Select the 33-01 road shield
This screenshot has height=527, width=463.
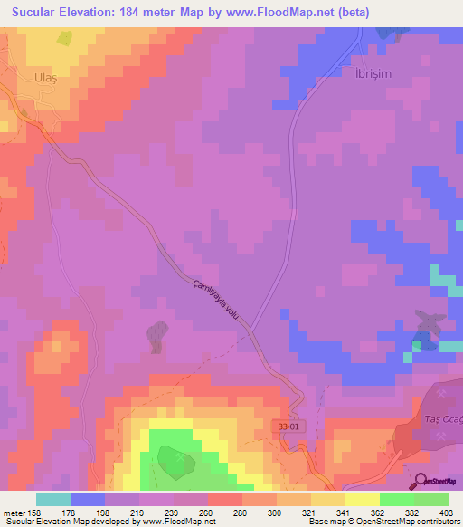288,423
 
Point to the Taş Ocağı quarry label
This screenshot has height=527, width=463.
442,418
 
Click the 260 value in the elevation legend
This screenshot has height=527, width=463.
208,513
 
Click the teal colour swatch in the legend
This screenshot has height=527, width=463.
53,499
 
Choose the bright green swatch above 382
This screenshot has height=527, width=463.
397,499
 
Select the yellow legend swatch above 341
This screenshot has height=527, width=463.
328,499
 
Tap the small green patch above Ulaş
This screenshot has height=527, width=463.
63,38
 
